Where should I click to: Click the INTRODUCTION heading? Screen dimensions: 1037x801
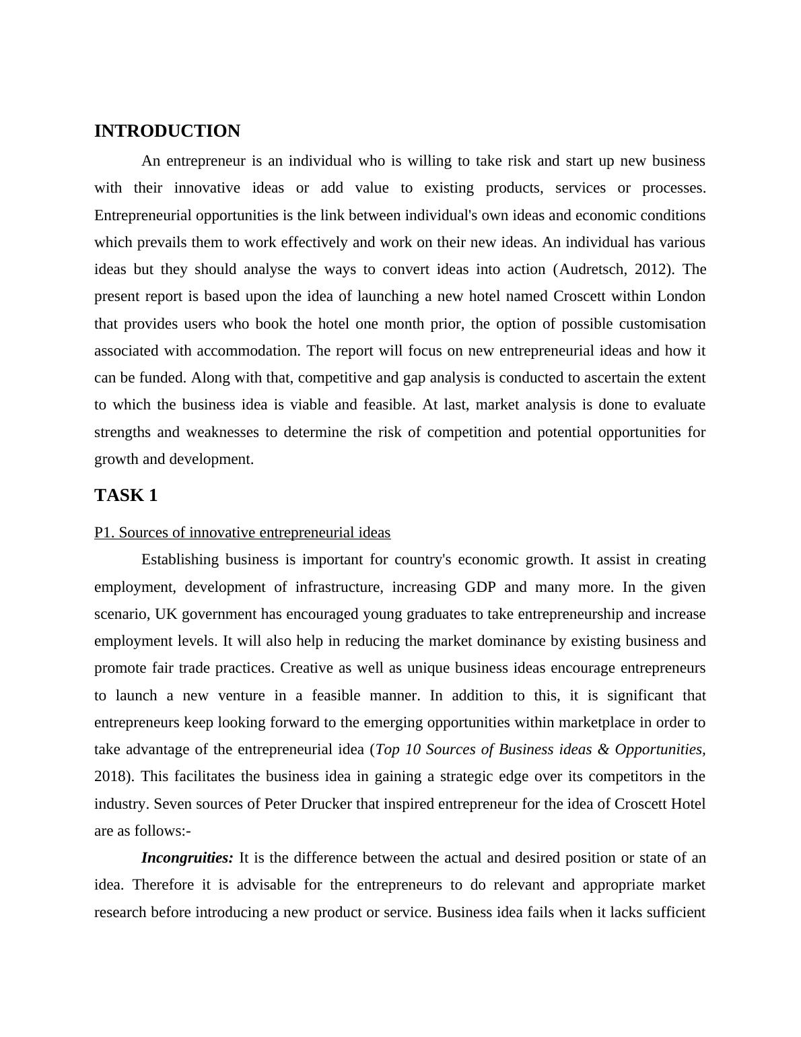[x=167, y=131]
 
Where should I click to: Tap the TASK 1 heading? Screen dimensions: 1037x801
[x=126, y=496]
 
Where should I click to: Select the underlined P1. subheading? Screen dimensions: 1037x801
[x=242, y=533]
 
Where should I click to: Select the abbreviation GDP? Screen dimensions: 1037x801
[x=481, y=587]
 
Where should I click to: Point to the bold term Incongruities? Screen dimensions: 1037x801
[x=187, y=858]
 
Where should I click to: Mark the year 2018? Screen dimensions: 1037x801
[x=112, y=776]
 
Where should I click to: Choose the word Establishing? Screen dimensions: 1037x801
[x=180, y=560]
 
